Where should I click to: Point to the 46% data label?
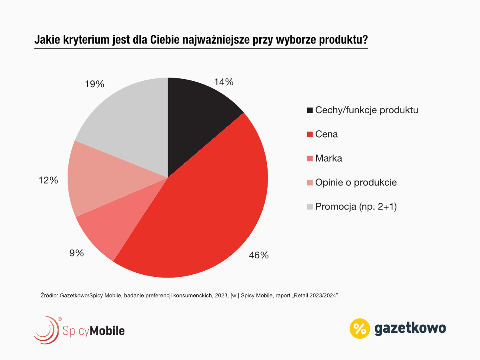tap(258, 255)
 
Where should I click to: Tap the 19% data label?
tap(94, 84)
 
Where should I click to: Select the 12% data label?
tap(48, 180)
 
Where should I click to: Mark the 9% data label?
tap(76, 253)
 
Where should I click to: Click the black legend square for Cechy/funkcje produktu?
tap(310, 110)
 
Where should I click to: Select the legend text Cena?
tap(326, 134)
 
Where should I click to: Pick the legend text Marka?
tap(328, 158)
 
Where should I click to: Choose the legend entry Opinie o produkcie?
tap(356, 182)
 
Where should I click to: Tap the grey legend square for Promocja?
tap(310, 207)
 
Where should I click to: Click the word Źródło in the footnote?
tap(49, 296)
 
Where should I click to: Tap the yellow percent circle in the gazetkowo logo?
tap(360, 328)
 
